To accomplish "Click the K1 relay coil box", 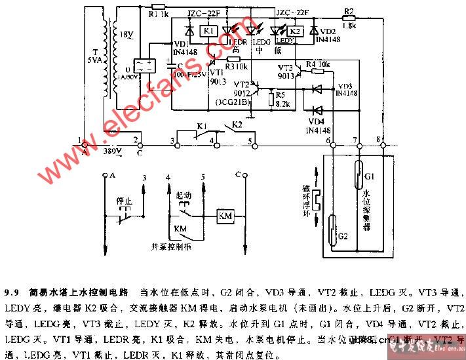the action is click(208, 31).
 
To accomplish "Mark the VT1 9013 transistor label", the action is click(217, 77).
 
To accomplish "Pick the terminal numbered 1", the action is click(79, 140).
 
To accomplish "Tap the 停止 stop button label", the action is click(124, 200).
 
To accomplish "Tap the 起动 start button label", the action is click(184, 195).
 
